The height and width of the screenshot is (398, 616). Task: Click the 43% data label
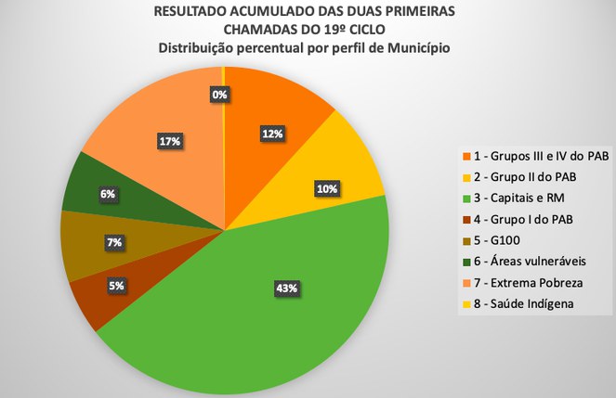[286, 289]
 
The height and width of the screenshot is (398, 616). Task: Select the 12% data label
[272, 134]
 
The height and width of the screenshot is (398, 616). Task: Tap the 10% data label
[326, 188]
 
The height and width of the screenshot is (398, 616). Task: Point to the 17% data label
[169, 142]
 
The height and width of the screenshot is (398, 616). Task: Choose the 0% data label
[220, 94]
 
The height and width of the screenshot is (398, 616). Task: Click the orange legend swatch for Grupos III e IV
[467, 155]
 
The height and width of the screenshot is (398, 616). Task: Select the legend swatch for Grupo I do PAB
[467, 218]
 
